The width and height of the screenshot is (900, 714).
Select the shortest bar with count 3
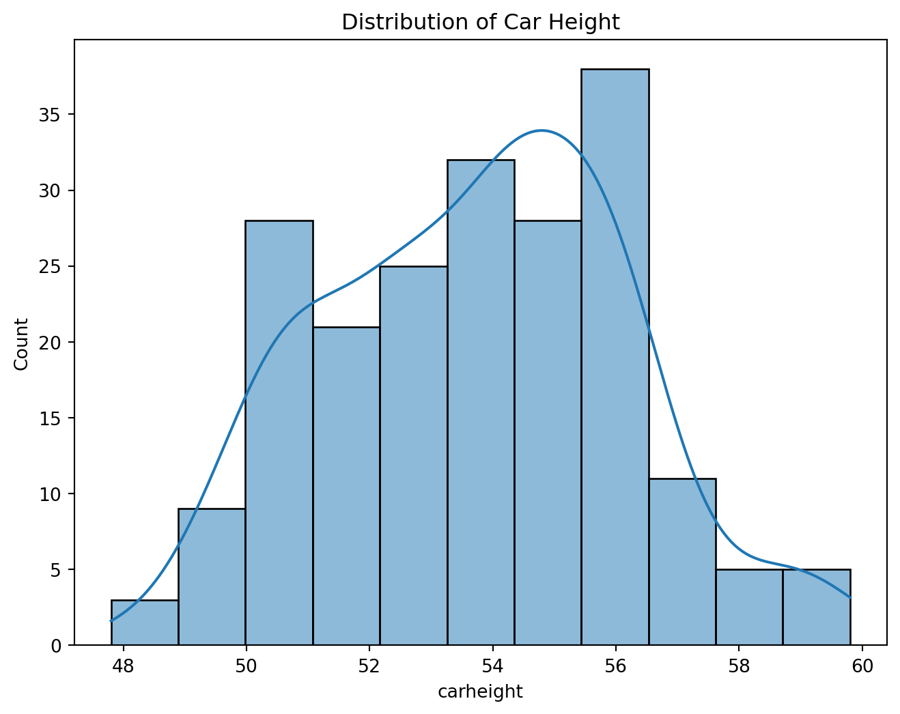point(145,623)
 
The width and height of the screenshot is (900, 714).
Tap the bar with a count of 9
point(212,577)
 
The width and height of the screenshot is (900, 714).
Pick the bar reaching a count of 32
point(480,403)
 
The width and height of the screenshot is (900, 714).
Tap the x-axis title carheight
point(480,692)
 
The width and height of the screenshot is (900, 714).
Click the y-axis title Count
point(22,343)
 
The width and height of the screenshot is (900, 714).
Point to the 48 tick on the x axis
point(123,666)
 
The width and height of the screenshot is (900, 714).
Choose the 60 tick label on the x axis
point(862,666)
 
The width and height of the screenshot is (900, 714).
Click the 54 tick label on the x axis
point(492,666)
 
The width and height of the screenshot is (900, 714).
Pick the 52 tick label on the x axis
point(369,666)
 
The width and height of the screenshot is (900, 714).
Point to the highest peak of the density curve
point(542,130)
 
